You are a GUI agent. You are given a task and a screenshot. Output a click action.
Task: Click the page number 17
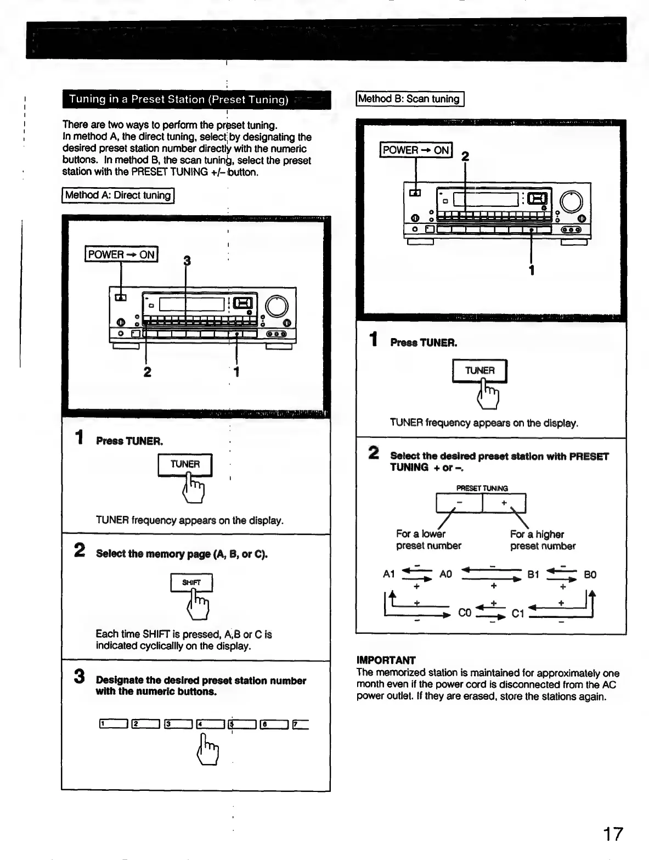[613, 834]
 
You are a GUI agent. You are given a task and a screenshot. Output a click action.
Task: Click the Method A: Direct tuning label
[118, 195]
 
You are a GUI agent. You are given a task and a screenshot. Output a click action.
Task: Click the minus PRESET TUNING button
[459, 503]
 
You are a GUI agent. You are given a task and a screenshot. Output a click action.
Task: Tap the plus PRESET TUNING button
[504, 503]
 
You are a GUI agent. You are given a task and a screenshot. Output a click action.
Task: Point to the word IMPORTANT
[386, 660]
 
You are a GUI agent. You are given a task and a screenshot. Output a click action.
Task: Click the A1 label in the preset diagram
[389, 575]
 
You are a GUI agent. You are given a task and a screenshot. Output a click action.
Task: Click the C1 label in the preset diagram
[518, 613]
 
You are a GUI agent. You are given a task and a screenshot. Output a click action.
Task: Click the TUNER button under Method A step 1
[185, 465]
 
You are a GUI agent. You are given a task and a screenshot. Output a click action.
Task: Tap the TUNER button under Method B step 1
[479, 371]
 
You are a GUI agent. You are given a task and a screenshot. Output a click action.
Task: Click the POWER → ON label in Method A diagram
[121, 255]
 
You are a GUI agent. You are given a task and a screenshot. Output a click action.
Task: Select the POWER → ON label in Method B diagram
[416, 150]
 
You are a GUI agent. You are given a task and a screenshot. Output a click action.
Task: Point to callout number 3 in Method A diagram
[187, 261]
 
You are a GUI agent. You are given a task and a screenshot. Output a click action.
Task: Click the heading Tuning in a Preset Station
[179, 100]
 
